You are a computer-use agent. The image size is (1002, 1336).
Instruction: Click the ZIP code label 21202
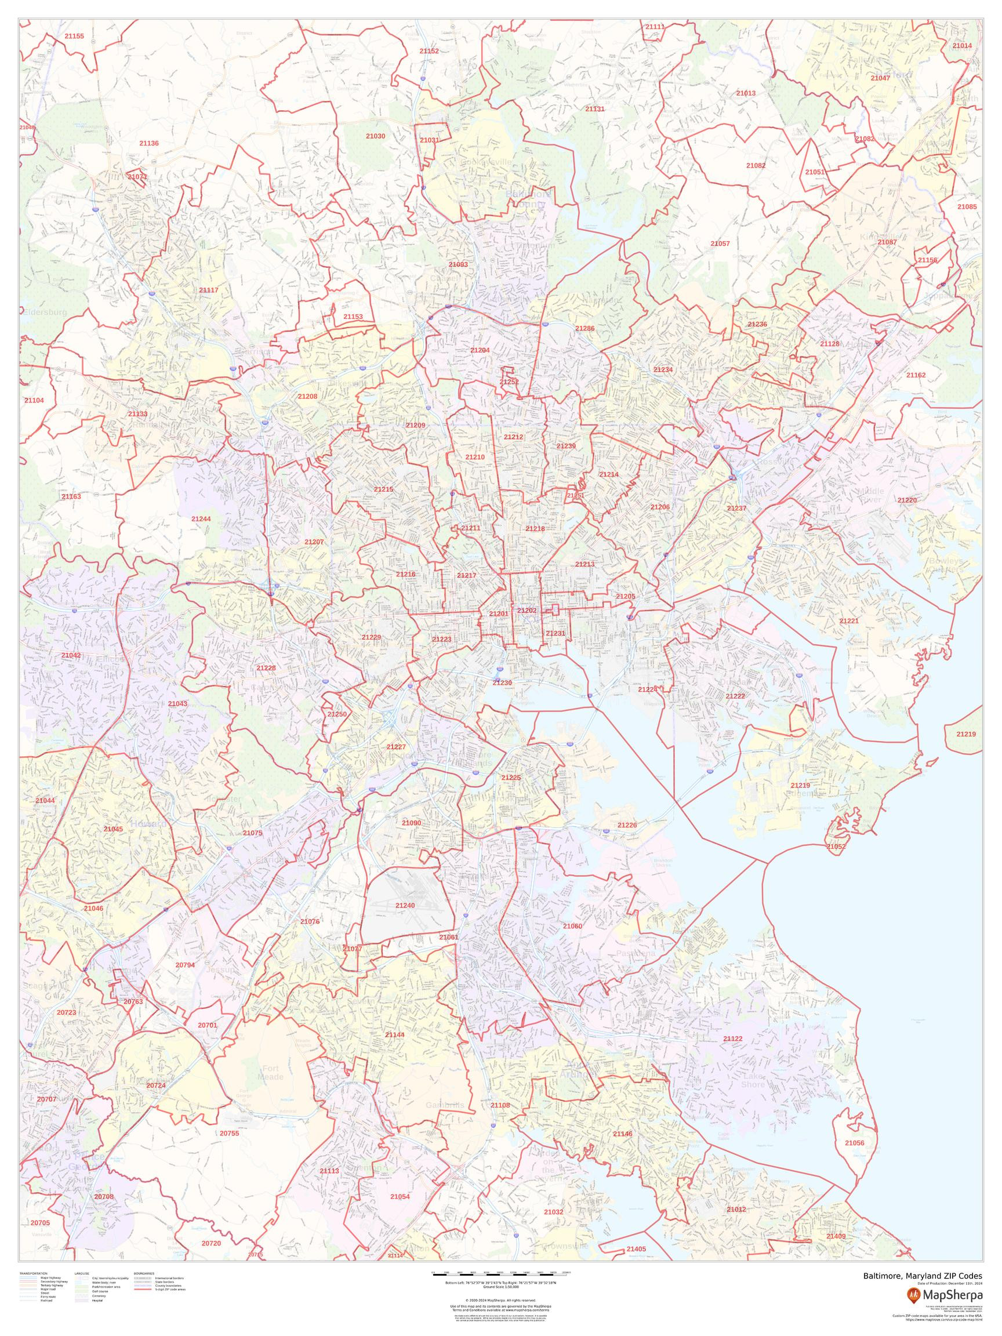tap(527, 611)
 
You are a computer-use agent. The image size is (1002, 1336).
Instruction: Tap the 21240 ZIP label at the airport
tap(405, 923)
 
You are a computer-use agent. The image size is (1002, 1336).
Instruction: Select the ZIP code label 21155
tap(74, 36)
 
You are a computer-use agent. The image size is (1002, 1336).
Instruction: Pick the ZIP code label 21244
tap(201, 519)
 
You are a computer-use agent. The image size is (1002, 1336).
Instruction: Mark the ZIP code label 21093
tap(458, 264)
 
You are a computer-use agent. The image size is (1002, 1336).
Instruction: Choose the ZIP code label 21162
tap(916, 375)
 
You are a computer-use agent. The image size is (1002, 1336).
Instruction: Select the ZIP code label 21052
tap(837, 847)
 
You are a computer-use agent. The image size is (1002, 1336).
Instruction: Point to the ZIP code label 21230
tap(502, 682)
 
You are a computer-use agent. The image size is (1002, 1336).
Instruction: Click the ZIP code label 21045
tap(113, 829)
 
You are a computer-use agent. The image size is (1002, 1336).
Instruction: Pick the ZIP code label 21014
tap(962, 46)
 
